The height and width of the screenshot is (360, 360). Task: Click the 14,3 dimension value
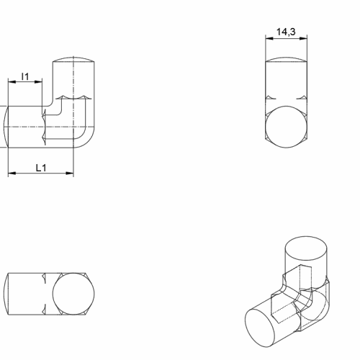point(286,32)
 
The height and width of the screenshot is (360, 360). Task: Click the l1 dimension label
point(25,76)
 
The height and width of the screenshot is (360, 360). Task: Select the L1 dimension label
point(41,168)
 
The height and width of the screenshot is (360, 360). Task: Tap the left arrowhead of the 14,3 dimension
point(269,38)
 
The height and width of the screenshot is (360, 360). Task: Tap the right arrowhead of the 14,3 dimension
point(303,38)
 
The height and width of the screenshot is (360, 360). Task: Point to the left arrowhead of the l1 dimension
point(12,81)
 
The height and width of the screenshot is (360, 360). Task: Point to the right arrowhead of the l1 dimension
point(38,81)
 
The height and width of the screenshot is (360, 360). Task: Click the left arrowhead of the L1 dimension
point(12,173)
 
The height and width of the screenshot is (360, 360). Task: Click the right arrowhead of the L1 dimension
point(70,173)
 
